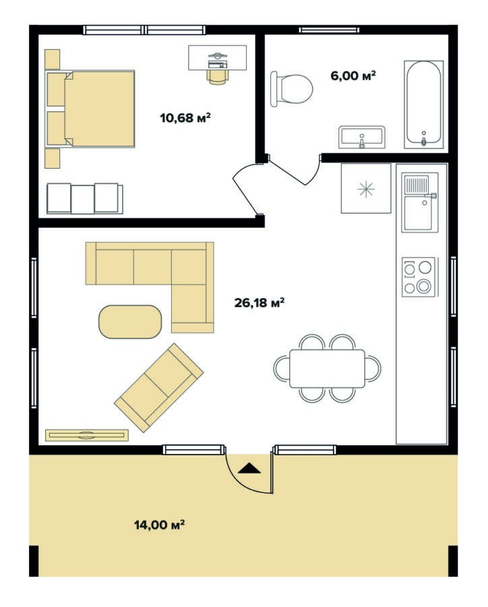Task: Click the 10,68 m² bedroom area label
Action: [x=185, y=117]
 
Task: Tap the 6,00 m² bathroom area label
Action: [x=353, y=76]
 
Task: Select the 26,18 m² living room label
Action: [x=260, y=302]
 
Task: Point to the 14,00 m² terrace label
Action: [x=159, y=525]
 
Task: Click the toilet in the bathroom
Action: [x=291, y=89]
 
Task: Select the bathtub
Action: [x=424, y=105]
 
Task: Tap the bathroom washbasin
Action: [x=362, y=137]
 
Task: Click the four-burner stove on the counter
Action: [x=418, y=277]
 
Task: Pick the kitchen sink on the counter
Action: [x=419, y=202]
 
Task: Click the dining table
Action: [x=327, y=368]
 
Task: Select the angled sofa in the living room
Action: [x=159, y=388]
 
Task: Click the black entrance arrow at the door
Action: [x=249, y=469]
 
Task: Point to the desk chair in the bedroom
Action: [x=218, y=76]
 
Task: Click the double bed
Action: [x=90, y=109]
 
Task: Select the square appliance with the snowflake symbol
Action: [x=366, y=189]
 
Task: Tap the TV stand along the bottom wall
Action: [x=87, y=435]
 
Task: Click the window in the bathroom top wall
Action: [x=329, y=30]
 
